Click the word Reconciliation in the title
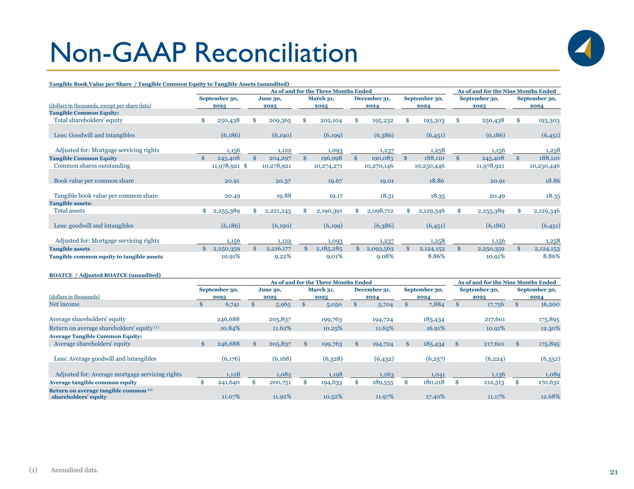[x=276, y=53]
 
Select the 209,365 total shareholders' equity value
[x=280, y=120]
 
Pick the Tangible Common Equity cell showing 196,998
[x=331, y=158]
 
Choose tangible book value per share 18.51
[x=387, y=196]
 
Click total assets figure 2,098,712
[x=380, y=211]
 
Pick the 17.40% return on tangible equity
[x=435, y=397]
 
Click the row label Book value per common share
[x=94, y=181]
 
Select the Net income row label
[x=64, y=304]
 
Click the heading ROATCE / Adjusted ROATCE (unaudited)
[x=105, y=275]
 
